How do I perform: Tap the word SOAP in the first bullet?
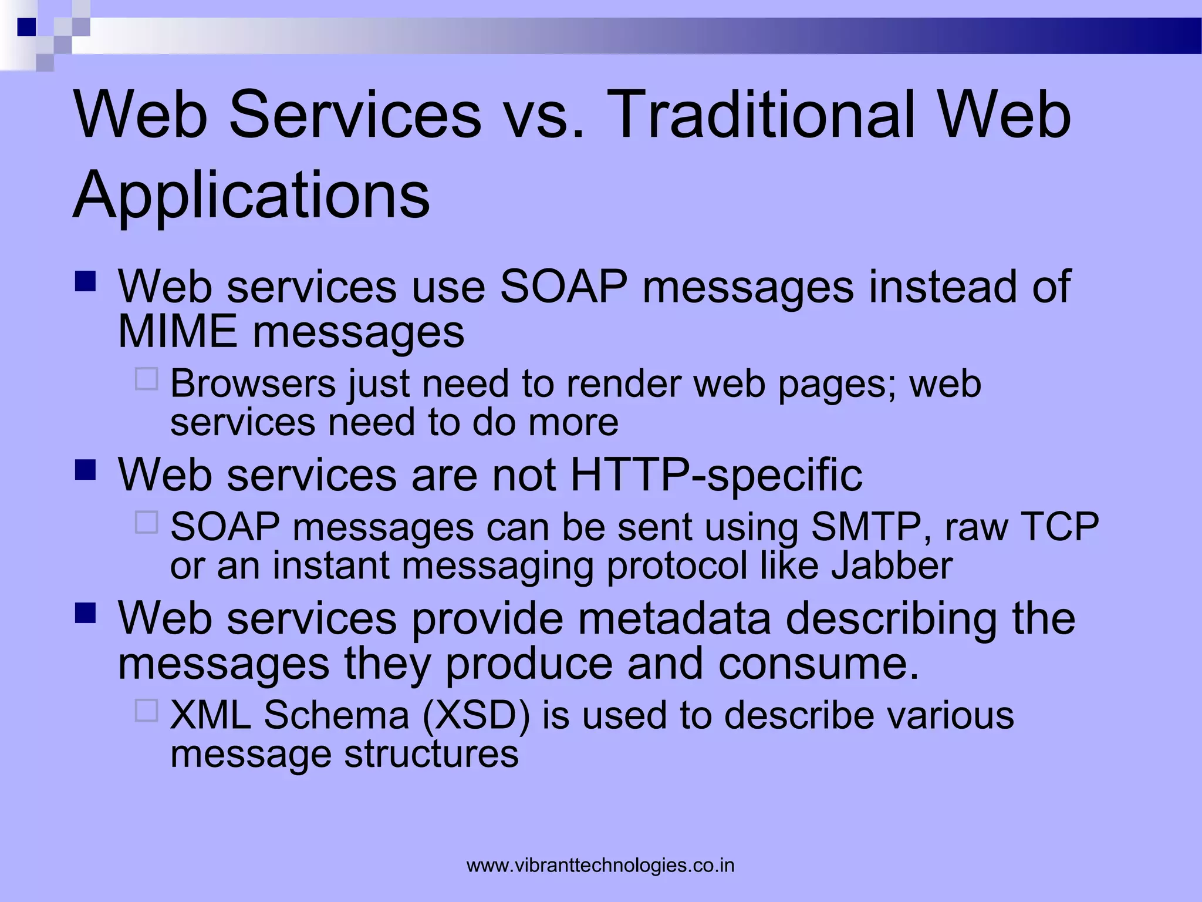click(x=563, y=287)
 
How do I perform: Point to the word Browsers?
click(x=253, y=384)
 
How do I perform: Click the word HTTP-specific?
click(x=716, y=474)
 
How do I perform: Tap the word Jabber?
click(x=892, y=566)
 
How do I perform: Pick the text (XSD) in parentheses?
click(x=476, y=715)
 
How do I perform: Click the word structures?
click(x=431, y=753)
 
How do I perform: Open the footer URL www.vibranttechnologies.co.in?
click(x=600, y=865)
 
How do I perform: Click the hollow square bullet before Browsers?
click(x=147, y=379)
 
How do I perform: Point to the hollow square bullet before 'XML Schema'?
click(x=147, y=710)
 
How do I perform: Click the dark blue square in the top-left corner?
click(x=26, y=27)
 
